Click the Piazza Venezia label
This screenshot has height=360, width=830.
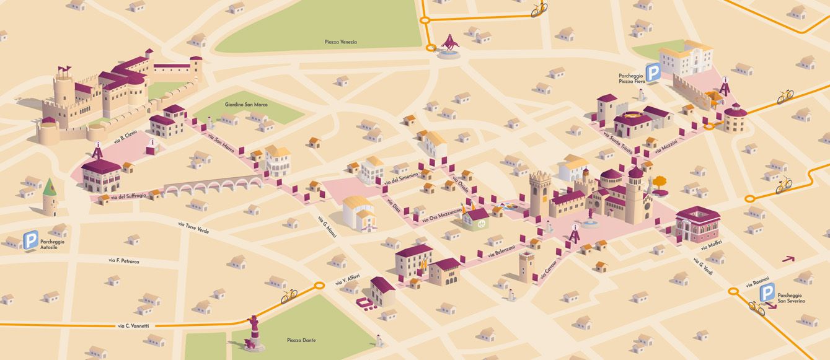pyautogui.click(x=341, y=42)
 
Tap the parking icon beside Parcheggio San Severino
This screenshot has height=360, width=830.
pyautogui.click(x=767, y=293)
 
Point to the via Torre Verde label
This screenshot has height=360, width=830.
pyautogui.click(x=193, y=227)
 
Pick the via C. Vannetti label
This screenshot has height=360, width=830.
pyautogui.click(x=133, y=325)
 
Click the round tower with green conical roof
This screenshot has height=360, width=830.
pyautogui.click(x=50, y=196)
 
